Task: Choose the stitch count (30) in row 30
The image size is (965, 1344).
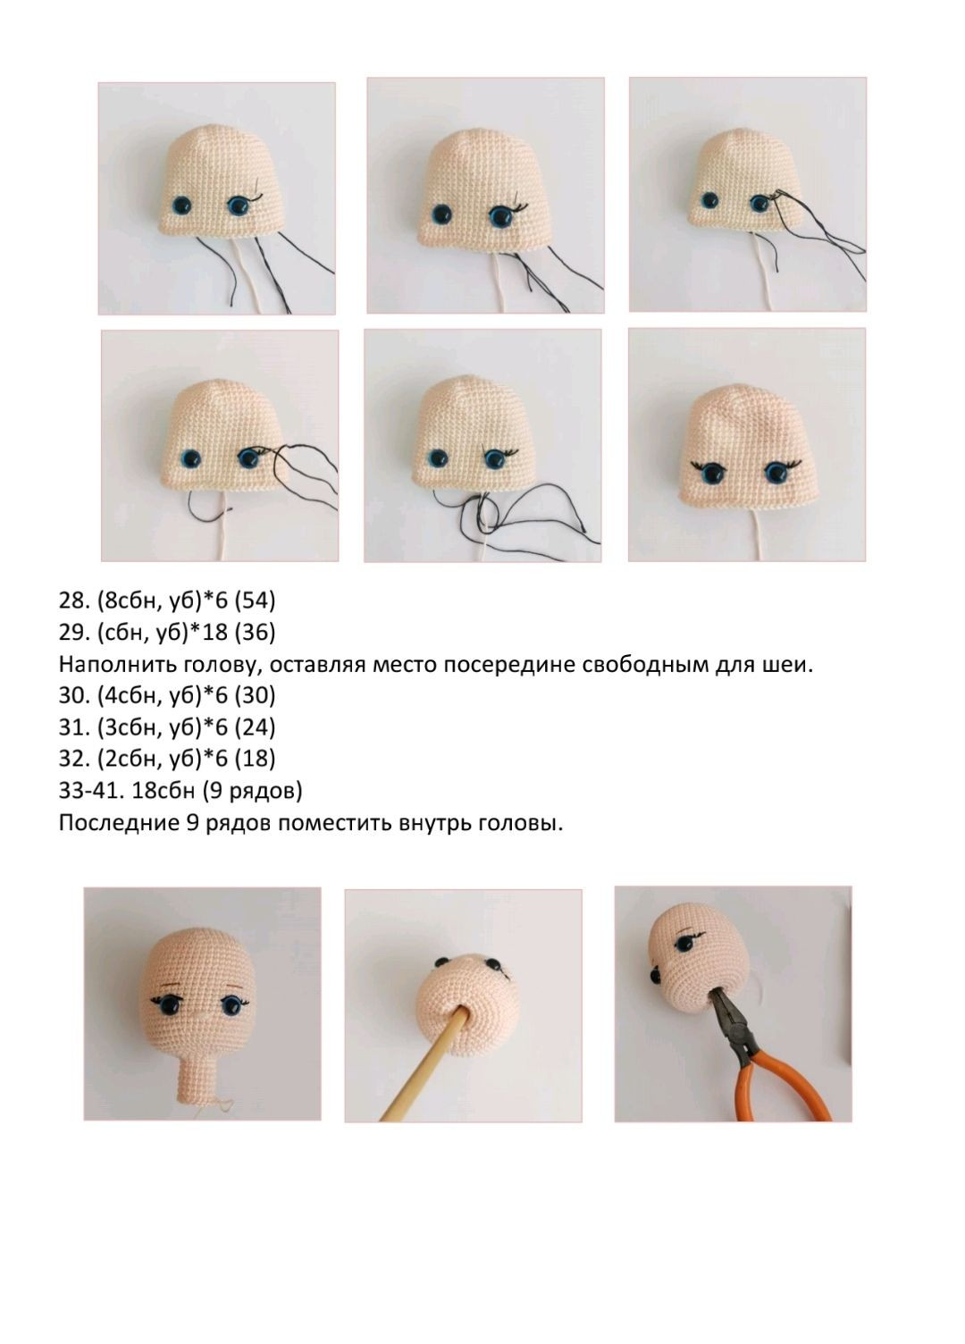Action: tap(255, 695)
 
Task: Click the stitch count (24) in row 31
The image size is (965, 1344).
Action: tap(255, 727)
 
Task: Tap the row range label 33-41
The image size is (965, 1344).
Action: tap(90, 791)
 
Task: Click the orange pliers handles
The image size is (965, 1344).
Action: tap(790, 1086)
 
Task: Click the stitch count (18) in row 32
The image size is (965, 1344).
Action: tap(255, 759)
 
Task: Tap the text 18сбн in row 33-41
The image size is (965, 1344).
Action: tap(164, 791)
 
